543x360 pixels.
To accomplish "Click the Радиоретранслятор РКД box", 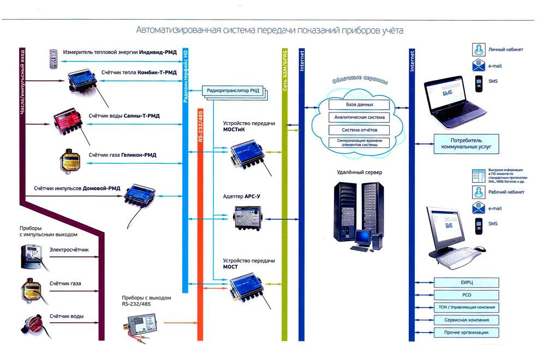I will [232, 89].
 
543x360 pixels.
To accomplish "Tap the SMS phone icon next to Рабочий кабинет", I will [478, 224].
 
